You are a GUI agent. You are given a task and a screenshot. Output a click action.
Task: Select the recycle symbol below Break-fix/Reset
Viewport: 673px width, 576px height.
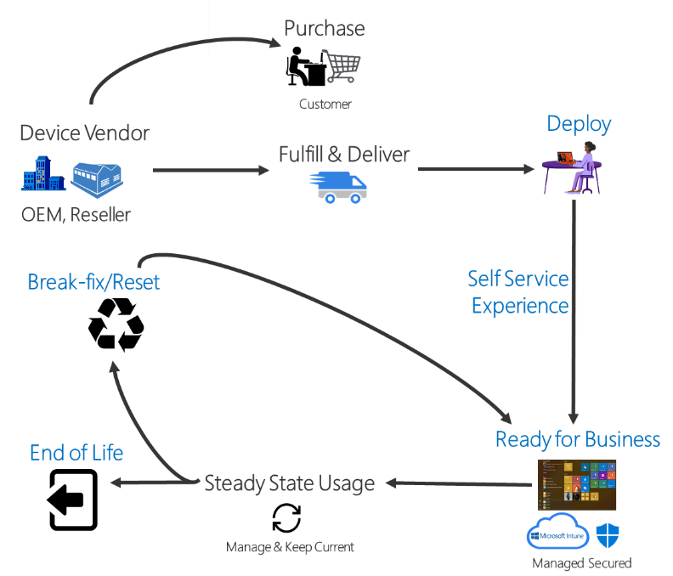116,324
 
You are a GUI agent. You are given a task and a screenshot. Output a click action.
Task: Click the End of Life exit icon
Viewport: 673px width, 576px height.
73,500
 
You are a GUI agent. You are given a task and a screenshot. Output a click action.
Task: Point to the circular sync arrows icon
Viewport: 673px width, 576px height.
286,518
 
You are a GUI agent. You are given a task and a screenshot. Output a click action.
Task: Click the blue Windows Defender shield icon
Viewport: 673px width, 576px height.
608,535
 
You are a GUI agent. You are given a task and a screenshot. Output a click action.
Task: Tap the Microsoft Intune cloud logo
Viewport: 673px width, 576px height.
558,534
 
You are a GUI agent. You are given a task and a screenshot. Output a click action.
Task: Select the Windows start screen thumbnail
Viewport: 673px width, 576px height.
576,484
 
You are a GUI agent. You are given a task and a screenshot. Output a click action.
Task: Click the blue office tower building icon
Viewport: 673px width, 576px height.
43,175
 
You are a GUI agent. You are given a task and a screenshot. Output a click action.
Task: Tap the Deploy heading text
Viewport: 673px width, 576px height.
579,124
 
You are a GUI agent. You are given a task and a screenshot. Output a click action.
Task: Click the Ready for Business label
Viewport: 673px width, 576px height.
578,439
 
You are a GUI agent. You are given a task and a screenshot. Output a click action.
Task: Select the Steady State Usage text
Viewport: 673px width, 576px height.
290,483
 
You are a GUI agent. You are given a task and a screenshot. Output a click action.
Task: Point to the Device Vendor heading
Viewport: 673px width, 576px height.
84,133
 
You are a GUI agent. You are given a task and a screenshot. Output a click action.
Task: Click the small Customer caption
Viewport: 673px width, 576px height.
325,104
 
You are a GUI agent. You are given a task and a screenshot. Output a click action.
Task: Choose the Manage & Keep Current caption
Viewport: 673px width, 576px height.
290,547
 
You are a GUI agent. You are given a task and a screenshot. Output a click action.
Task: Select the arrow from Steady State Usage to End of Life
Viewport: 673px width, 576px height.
153,483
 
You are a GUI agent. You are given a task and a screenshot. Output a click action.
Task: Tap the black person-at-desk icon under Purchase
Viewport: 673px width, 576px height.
305,66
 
